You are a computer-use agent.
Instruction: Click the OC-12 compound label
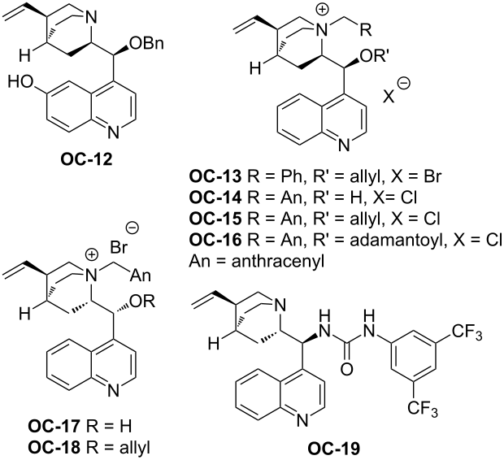pos(87,159)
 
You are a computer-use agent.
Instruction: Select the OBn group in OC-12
pos(147,43)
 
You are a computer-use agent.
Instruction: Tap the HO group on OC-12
pos(21,82)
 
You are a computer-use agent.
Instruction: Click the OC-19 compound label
pos(334,449)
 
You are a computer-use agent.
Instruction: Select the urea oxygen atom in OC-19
pos(346,369)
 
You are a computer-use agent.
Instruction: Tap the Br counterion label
pos(119,248)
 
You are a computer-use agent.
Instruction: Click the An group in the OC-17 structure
pos(140,276)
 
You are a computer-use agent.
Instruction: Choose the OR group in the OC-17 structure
pos(144,302)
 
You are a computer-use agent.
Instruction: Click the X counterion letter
pos(389,96)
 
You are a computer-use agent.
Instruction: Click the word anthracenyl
pos(278,262)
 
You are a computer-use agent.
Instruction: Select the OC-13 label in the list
pos(215,177)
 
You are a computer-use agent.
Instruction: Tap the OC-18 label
pos(54,448)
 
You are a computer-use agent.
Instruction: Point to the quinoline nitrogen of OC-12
pos(113,132)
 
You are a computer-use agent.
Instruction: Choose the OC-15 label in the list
pos(215,219)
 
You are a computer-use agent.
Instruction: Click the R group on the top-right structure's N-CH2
pos(366,30)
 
